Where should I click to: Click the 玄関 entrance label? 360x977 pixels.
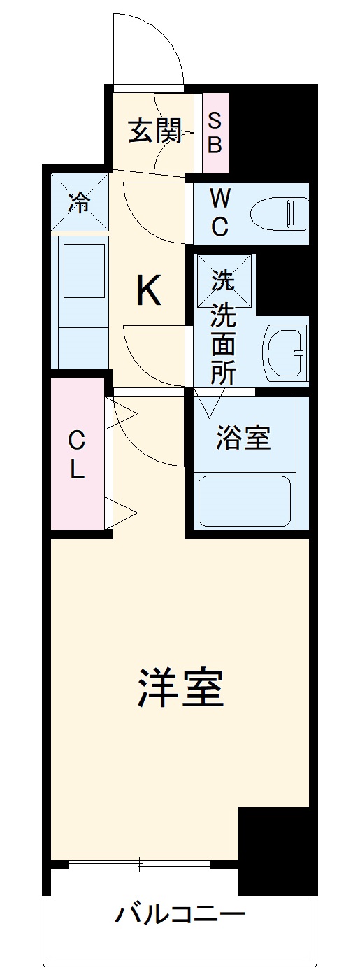(x=154, y=131)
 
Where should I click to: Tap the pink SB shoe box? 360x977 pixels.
(x=215, y=134)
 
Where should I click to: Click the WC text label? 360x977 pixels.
(x=219, y=213)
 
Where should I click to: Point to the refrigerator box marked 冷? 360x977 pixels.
(x=80, y=202)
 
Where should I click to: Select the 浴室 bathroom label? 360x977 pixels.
(x=243, y=438)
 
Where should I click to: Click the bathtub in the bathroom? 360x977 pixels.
(x=244, y=500)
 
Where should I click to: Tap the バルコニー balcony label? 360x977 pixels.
(x=180, y=914)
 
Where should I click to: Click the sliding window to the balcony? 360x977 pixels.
(x=140, y=865)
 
